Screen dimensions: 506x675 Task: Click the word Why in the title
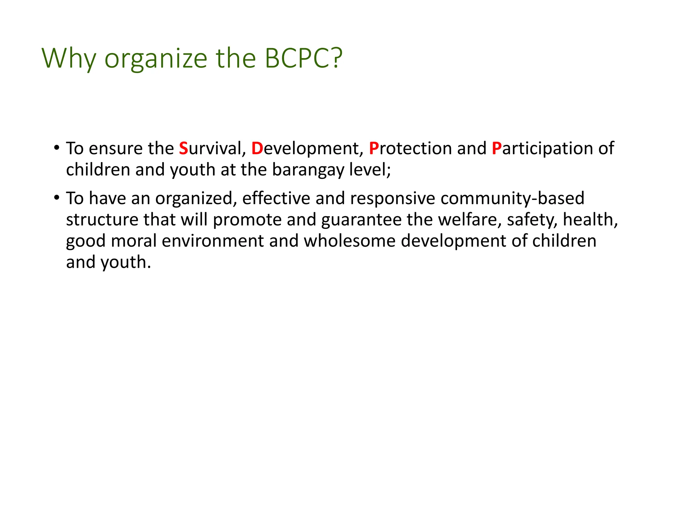[x=69, y=59]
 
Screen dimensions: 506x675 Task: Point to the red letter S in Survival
[x=183, y=148]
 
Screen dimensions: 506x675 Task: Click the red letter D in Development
[x=257, y=148]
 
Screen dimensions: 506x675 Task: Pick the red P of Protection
[x=374, y=148]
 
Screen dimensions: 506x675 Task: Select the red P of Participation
[x=496, y=148]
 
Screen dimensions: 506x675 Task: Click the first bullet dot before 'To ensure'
[x=57, y=147]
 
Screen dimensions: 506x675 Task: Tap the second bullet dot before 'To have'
[x=57, y=197]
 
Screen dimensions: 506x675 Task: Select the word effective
[x=276, y=198]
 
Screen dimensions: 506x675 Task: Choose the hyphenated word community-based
[x=512, y=198]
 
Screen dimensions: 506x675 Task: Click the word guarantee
[x=361, y=220]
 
